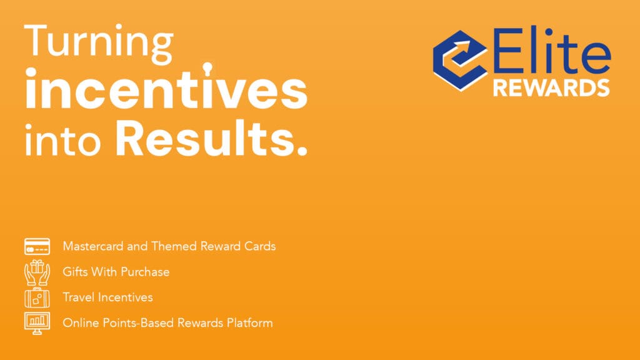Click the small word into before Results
tap(63, 141)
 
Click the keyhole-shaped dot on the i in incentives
tap(207, 69)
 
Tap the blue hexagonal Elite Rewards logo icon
tap(459, 60)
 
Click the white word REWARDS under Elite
tap(551, 87)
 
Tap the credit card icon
tap(37, 246)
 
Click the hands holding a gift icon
tap(37, 272)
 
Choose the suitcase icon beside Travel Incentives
tap(37, 297)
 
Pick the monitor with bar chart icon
tap(37, 323)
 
